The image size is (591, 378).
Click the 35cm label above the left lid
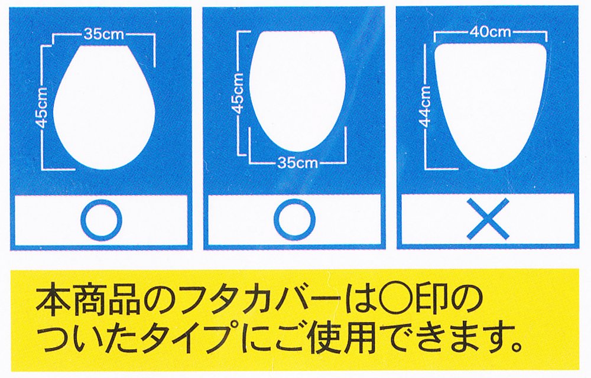[103, 34]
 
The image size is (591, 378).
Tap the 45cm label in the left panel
[43, 107]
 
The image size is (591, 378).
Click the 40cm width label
[490, 32]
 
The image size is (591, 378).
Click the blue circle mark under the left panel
[102, 220]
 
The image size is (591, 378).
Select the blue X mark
[488, 219]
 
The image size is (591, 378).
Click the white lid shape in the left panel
[106, 107]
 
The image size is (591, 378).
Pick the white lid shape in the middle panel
[297, 90]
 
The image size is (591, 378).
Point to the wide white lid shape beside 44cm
[491, 107]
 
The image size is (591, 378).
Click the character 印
[431, 302]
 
